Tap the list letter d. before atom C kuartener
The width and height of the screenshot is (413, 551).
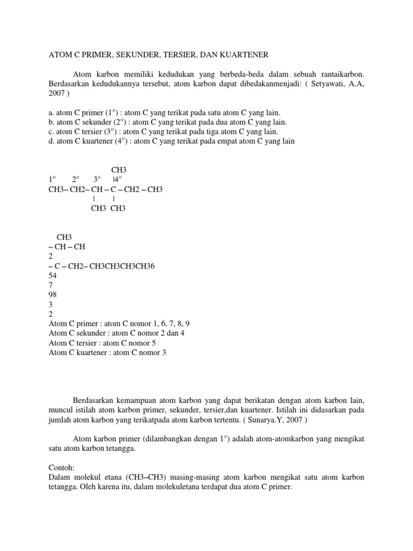tap(52, 142)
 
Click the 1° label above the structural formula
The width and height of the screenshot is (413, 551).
tap(52, 179)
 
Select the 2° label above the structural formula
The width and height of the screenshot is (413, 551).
tap(75, 179)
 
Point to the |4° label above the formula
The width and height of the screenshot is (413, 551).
tap(117, 179)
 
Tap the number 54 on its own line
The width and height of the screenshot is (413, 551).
tap(53, 275)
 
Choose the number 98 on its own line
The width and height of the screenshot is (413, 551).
tap(53, 294)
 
